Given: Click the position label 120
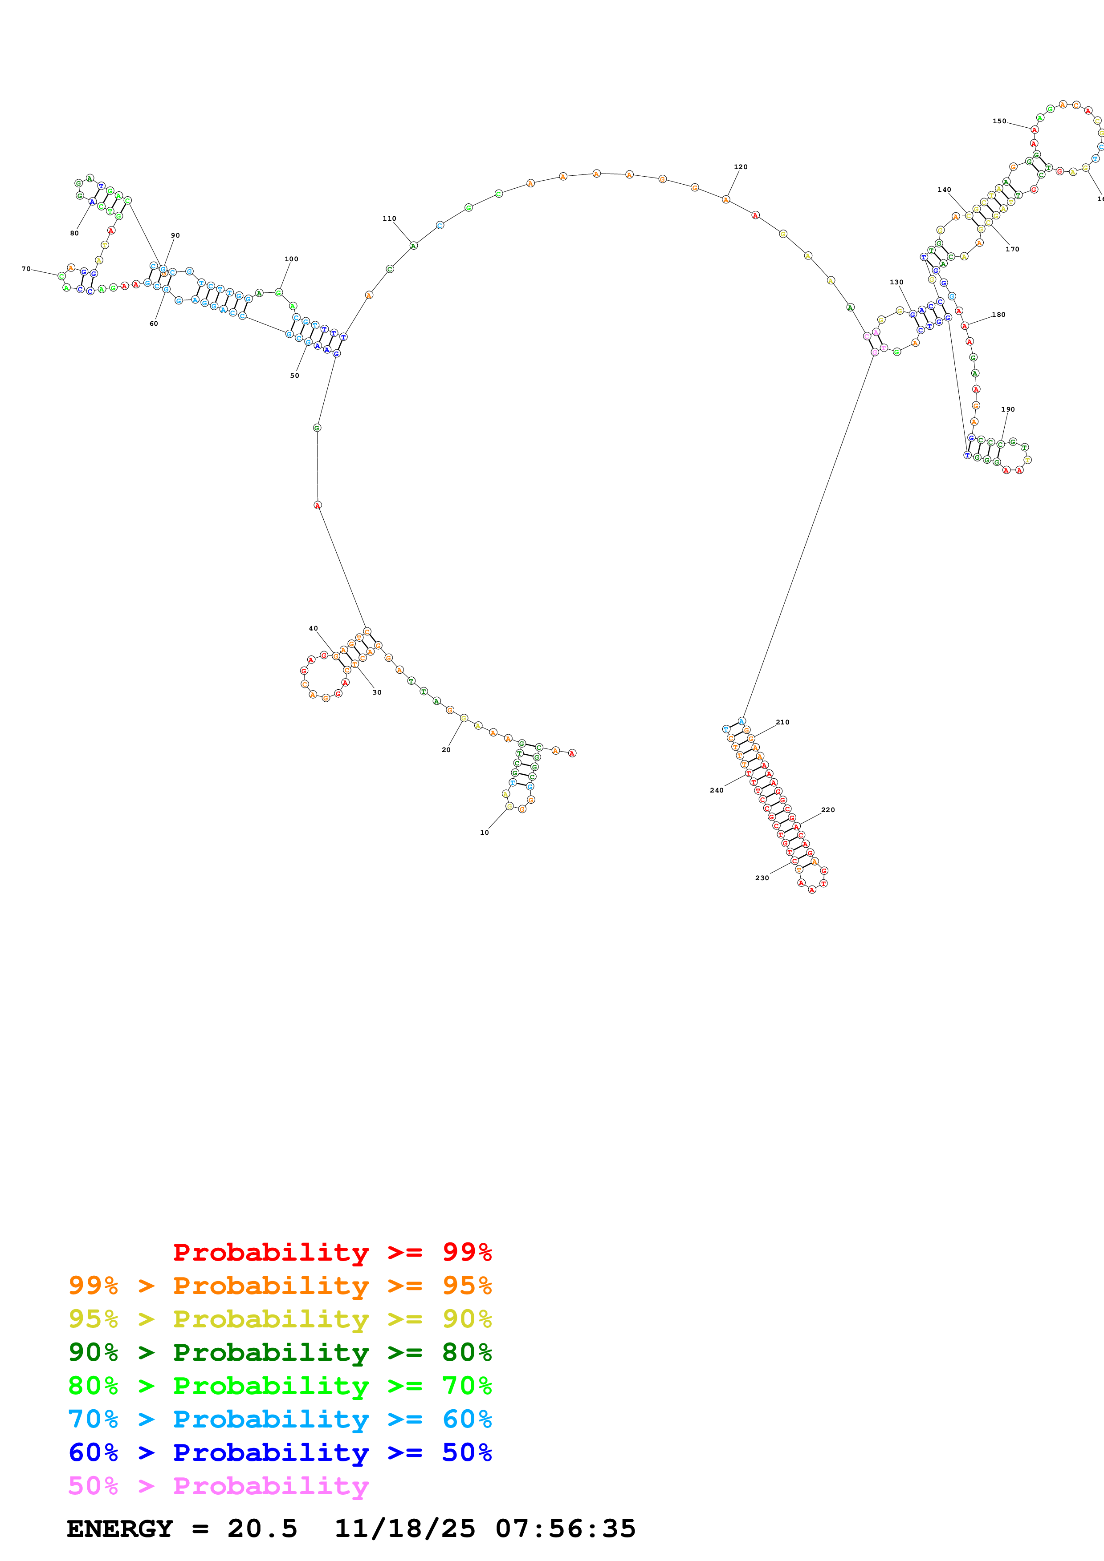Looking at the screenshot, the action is [x=740, y=166].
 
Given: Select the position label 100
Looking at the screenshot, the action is [x=291, y=259].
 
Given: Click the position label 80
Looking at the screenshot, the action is [x=74, y=233].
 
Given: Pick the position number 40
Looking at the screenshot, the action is [x=313, y=628].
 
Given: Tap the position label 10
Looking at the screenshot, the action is [x=485, y=832].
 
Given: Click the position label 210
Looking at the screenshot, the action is [x=782, y=722].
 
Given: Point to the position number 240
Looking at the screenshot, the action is [x=716, y=790].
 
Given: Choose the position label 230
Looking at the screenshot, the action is [x=762, y=878].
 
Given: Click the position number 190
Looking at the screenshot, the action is [x=1007, y=409].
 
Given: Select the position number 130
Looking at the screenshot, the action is [x=896, y=282].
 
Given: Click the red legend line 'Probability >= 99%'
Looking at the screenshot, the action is [x=332, y=1252].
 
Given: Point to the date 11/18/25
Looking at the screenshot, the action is [x=405, y=1529].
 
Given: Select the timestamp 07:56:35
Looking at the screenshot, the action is [x=565, y=1529].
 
